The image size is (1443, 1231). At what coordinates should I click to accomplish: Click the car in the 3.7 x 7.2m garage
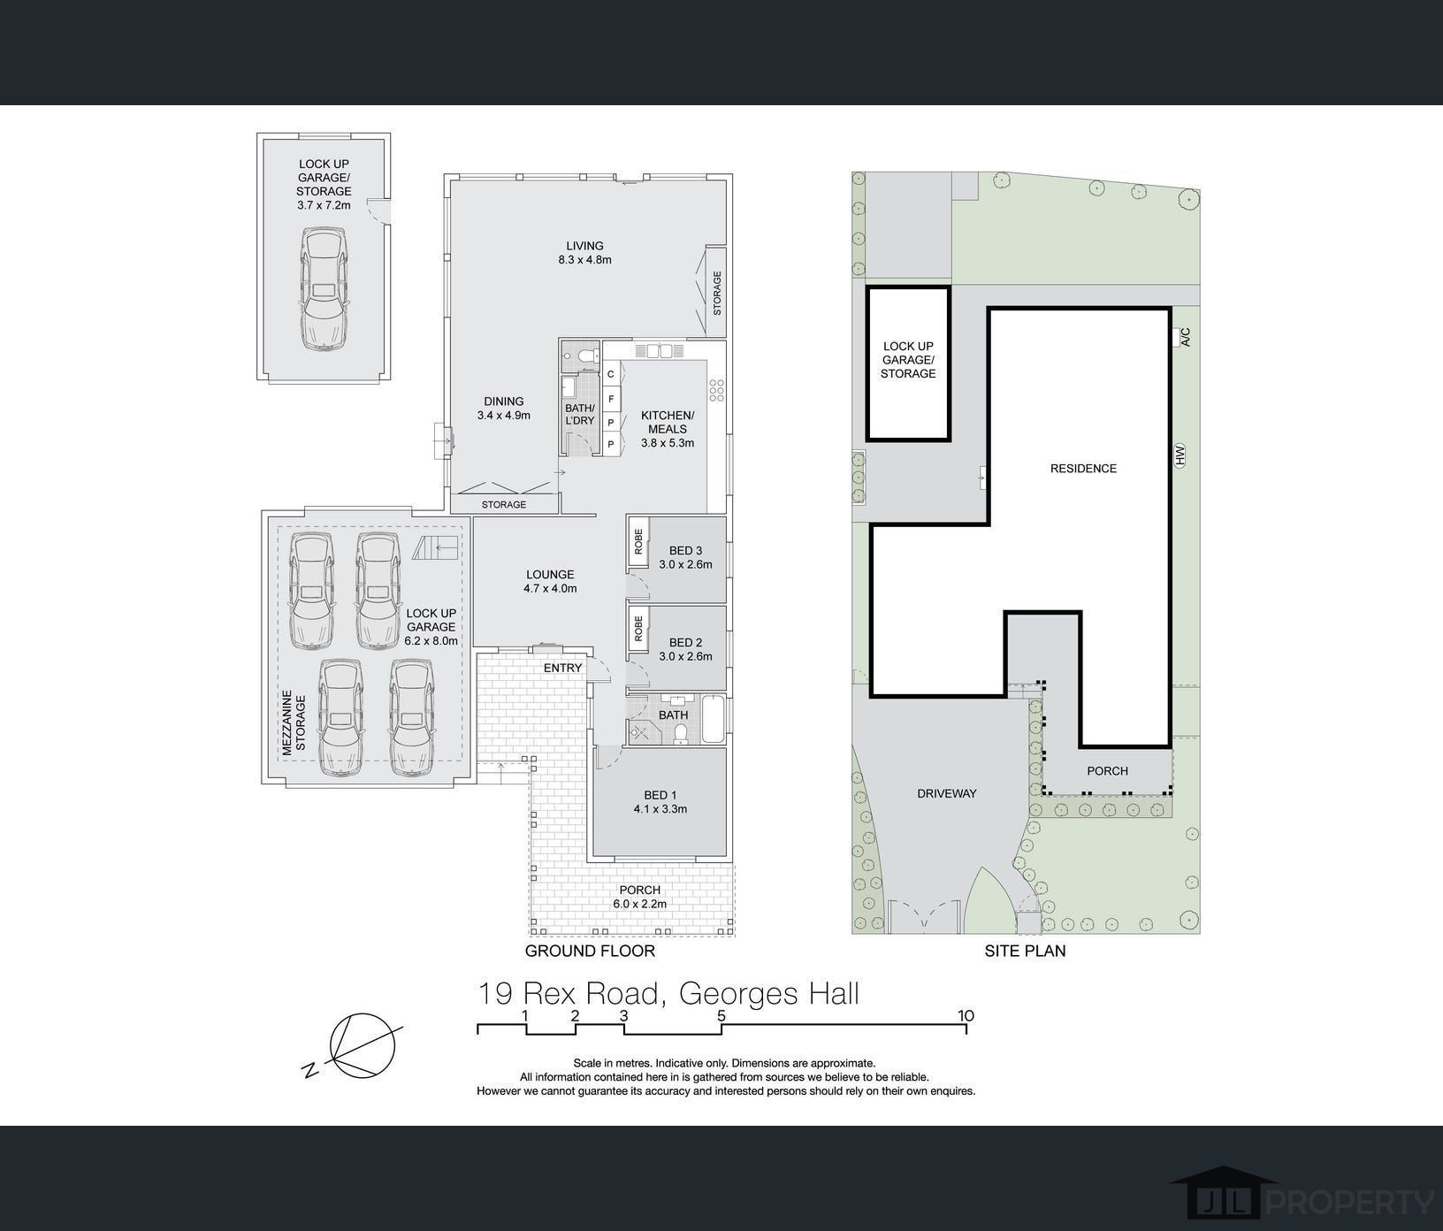323,290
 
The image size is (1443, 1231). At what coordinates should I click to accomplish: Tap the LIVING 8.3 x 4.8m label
584,253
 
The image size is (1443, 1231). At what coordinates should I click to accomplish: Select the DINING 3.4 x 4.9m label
503,408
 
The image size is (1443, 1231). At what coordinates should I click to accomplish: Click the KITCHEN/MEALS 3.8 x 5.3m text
668,429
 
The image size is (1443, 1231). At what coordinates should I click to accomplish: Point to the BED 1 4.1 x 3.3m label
660,801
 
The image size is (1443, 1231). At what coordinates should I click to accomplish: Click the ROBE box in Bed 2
638,630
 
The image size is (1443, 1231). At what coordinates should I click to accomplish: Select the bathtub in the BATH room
712,720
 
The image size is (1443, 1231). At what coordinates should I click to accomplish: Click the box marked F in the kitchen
611,399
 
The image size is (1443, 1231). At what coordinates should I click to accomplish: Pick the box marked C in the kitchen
611,374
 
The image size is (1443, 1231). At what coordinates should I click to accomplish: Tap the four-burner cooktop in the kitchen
717,390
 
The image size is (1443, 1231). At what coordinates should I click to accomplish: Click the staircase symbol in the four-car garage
436,547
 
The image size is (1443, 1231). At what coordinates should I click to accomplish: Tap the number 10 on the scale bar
966,1015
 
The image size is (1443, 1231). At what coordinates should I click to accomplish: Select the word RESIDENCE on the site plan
1083,469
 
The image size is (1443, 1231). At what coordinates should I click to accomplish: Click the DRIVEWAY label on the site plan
946,793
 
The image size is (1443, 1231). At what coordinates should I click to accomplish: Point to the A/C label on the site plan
1186,337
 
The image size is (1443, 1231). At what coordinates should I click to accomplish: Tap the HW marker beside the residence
1180,455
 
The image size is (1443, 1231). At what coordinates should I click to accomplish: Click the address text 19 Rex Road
569,993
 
